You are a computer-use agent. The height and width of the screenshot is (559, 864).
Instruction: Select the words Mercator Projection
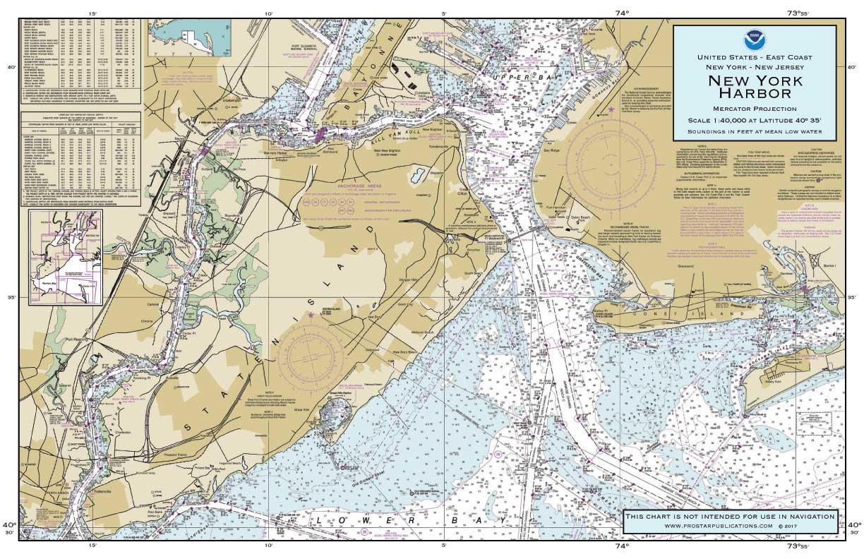[x=755, y=109]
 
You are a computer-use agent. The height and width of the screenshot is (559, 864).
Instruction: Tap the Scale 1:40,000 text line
[x=755, y=120]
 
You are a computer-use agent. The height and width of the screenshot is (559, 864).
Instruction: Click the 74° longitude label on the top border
[x=621, y=12]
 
